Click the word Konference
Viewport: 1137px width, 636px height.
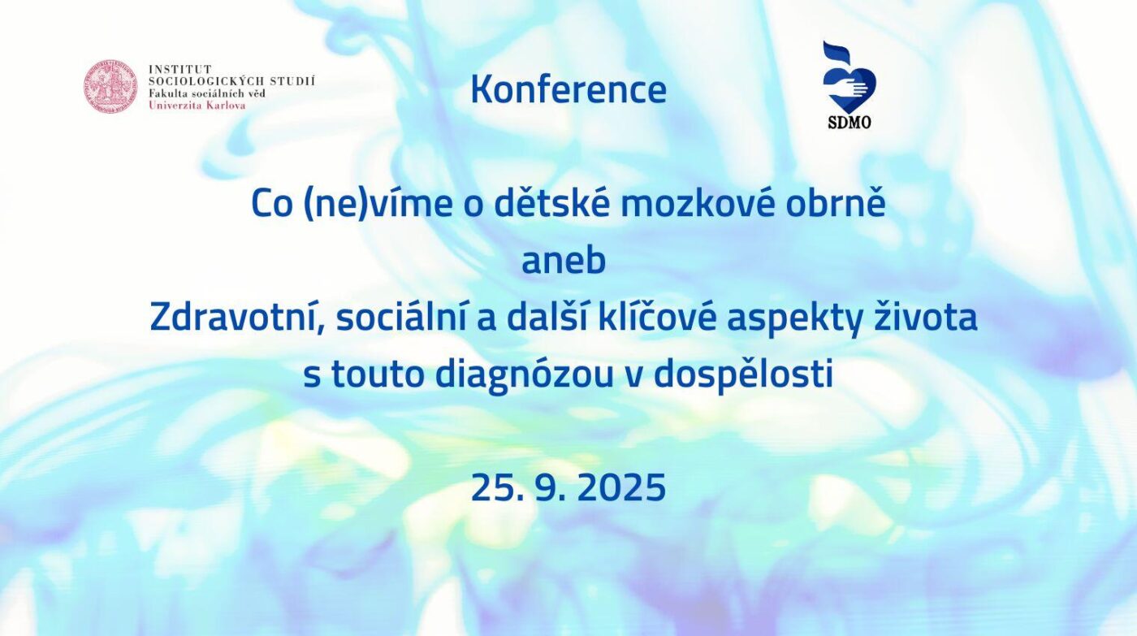click(568, 90)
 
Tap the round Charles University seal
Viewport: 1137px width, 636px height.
click(110, 86)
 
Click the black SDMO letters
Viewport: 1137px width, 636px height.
click(850, 123)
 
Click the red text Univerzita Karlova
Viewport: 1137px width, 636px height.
click(197, 105)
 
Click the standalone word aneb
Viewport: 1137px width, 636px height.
click(564, 261)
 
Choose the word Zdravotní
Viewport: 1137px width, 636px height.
click(237, 318)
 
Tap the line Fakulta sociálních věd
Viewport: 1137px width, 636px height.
click(206, 93)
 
